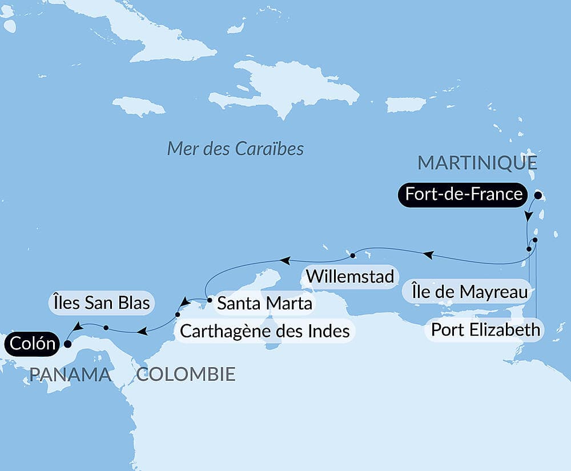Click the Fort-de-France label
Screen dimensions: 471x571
coord(463,194)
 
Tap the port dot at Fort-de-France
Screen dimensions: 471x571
coord(537,194)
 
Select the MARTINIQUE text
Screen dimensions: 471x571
coord(477,163)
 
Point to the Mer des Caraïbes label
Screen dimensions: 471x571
coord(235,149)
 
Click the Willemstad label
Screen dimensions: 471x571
coord(350,276)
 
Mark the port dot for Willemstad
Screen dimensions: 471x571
coord(352,255)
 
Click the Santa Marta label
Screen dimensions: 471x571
coord(265,303)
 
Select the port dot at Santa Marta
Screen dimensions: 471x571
coord(210,299)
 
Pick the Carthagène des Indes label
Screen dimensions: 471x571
coord(264,330)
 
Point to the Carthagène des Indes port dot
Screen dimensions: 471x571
coord(177,315)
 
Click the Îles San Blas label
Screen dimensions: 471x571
coord(100,302)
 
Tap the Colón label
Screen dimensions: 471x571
coord(31,344)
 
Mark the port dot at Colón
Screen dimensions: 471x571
coord(67,344)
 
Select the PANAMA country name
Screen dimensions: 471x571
coord(70,375)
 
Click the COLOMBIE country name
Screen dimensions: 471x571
coord(186,375)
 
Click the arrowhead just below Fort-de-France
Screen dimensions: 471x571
coord(529,217)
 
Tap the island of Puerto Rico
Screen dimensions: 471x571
coord(406,104)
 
